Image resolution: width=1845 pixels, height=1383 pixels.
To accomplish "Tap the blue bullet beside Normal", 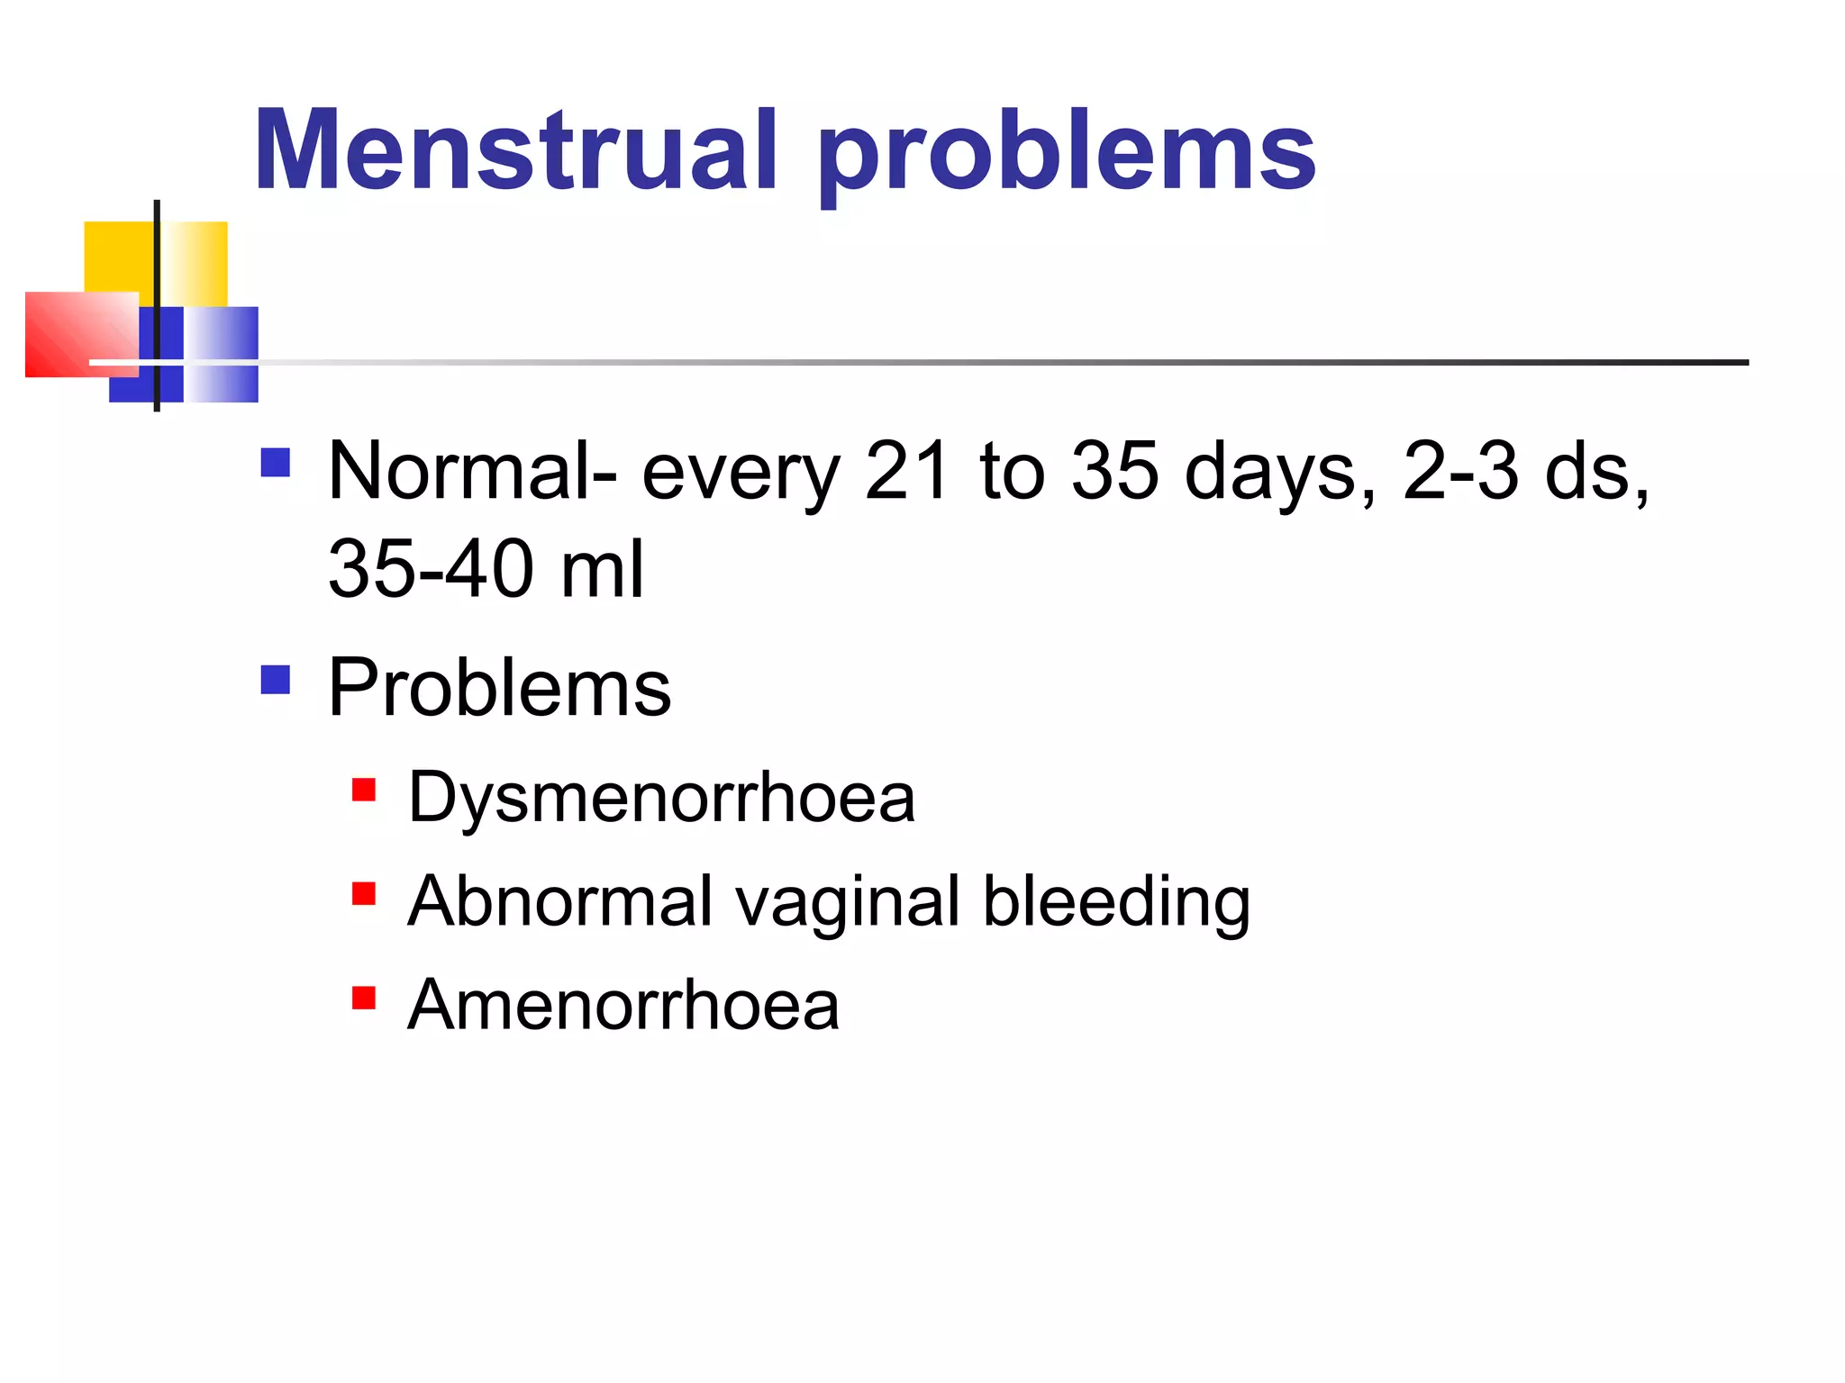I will pos(275,463).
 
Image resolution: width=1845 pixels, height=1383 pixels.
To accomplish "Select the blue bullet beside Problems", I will pos(275,680).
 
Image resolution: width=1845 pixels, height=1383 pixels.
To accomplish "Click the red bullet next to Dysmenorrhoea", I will pos(364,790).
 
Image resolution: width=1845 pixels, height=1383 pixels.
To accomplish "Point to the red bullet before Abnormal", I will pos(364,893).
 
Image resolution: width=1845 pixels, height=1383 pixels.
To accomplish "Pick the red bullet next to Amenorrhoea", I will pos(364,998).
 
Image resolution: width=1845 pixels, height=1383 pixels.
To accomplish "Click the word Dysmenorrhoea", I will pos(661,798).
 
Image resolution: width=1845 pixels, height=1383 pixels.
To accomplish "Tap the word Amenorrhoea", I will pos(623,1005).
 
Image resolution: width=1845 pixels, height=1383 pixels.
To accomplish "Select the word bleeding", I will pos(1116,902).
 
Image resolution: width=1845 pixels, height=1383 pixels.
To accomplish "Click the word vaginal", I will pos(847,902).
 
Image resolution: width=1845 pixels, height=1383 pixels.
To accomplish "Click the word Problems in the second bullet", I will pos(499,688).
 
